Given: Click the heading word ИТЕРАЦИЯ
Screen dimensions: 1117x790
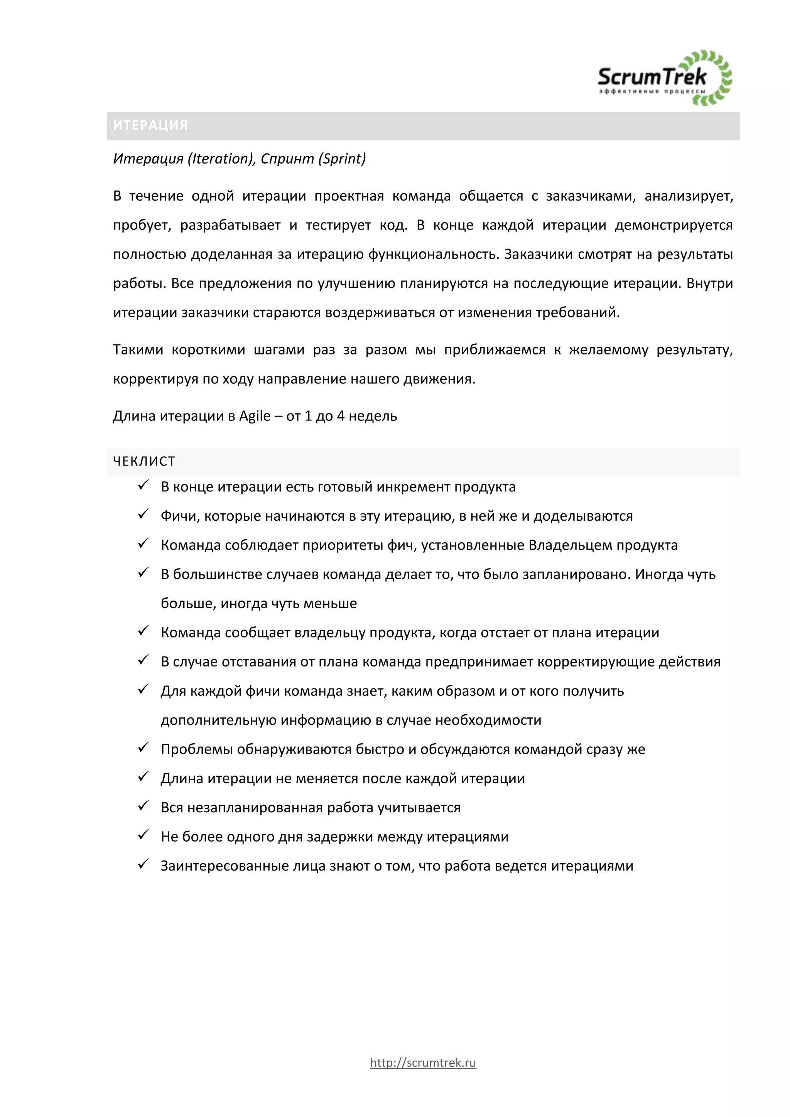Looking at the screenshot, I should click(150, 125).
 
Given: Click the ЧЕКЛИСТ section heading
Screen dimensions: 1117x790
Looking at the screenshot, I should click(144, 461).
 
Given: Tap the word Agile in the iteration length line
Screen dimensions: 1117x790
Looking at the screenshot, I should click(255, 416).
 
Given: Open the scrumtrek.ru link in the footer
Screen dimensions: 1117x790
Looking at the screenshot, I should click(423, 1063).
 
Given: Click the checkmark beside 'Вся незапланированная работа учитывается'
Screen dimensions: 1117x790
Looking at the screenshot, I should click(143, 806).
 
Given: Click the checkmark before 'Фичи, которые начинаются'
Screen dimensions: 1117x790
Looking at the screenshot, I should click(143, 514).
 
